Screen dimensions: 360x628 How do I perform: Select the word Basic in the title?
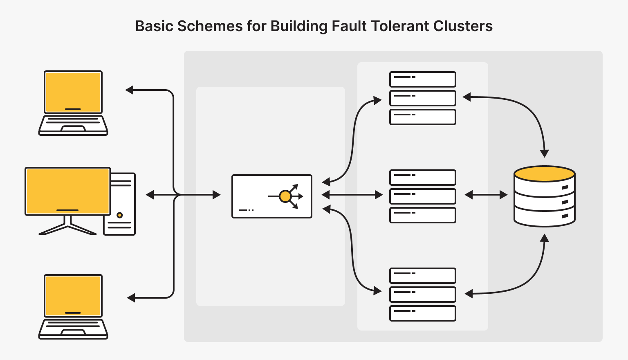click(x=155, y=26)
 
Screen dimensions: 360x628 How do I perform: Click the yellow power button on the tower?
click(x=119, y=215)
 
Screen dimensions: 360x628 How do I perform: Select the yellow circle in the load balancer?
click(x=285, y=196)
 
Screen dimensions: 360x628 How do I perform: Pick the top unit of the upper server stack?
click(x=422, y=79)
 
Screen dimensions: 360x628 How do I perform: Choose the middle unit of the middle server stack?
click(x=422, y=196)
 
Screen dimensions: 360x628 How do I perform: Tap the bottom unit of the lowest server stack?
click(x=422, y=313)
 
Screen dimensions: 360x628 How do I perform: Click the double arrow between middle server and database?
click(x=486, y=195)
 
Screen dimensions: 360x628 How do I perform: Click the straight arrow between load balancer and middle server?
click(x=352, y=195)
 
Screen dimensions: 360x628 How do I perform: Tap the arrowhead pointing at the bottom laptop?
click(x=131, y=298)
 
